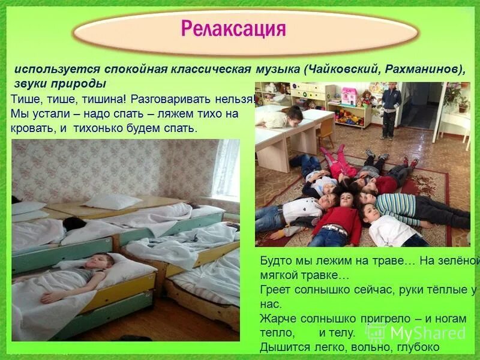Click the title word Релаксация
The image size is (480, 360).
coord(233,29)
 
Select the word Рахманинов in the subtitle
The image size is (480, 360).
coord(421,69)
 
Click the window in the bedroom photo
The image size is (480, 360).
coord(226,168)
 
